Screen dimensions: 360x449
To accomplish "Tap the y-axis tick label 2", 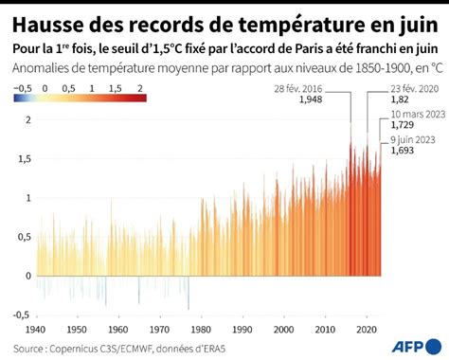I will coord(27,120).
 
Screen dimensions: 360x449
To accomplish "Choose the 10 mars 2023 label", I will coord(414,113).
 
